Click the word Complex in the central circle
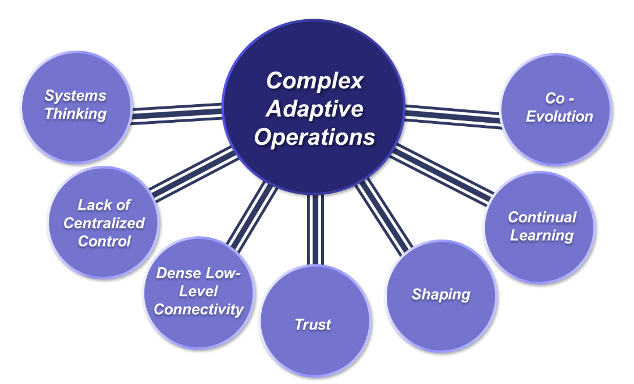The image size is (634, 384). tap(314, 81)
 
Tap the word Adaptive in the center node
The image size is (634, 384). tap(314, 109)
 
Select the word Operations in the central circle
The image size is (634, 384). tap(314, 137)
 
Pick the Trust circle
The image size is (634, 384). tap(314, 323)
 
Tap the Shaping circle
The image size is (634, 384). tap(441, 296)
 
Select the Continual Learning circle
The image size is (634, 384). tap(540, 227)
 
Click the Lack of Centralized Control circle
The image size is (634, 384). tap(103, 222)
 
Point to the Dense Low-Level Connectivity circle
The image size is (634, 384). tap(198, 292)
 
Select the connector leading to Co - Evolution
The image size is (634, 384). tap(453, 114)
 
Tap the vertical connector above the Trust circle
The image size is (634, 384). tap(315, 230)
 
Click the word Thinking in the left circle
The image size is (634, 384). tap(76, 114)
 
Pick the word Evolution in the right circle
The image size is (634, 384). tap(560, 116)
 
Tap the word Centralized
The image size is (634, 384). tap(104, 223)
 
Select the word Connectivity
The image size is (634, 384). tap(198, 310)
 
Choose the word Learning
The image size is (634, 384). tap(542, 236)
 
